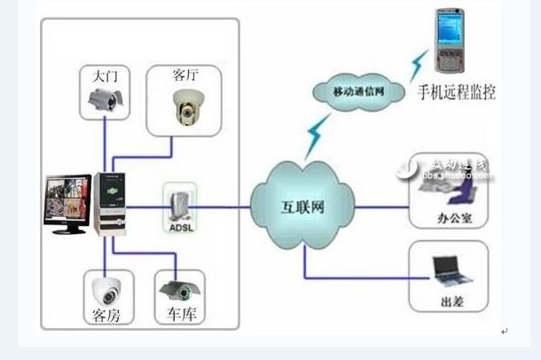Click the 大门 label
(x=105, y=76)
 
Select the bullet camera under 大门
(x=105, y=103)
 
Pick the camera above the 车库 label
(x=177, y=289)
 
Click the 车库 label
(x=178, y=315)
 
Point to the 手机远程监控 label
(x=456, y=91)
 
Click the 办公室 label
(x=454, y=215)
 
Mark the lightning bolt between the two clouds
(x=315, y=137)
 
